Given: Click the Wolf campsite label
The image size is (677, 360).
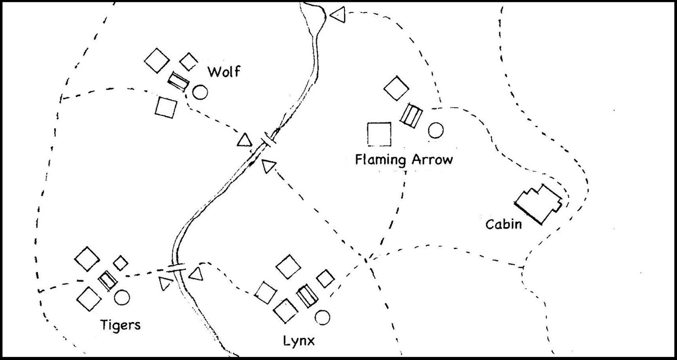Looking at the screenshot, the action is [x=224, y=71].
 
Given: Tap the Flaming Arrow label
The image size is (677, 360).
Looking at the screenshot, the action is [x=404, y=159].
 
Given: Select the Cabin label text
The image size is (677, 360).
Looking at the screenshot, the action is [x=504, y=224].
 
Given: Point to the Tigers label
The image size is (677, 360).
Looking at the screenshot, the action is [x=120, y=325].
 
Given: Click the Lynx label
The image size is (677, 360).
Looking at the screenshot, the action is [x=299, y=341].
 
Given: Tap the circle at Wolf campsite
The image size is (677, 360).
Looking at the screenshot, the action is [x=200, y=92].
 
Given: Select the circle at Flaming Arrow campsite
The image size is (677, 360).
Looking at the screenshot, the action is [x=436, y=130].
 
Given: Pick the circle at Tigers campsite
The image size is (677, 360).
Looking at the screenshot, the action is [x=122, y=297].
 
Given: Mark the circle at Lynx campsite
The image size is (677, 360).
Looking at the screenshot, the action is [x=322, y=318].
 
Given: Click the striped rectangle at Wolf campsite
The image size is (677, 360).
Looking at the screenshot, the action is [x=179, y=81].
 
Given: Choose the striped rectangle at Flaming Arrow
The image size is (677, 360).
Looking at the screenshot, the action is [x=411, y=115].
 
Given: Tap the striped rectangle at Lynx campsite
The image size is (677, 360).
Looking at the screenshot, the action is [x=307, y=296].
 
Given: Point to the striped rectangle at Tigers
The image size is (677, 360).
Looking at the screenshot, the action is [x=108, y=280].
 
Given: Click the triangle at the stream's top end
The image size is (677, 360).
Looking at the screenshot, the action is [x=338, y=15].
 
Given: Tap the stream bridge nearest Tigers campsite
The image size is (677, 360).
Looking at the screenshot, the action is [x=177, y=266].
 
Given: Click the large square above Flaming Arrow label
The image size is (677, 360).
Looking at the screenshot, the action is [x=379, y=135].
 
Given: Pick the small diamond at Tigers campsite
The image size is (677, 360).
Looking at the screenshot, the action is [x=121, y=263].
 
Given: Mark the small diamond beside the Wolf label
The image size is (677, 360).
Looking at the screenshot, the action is [x=189, y=62].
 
